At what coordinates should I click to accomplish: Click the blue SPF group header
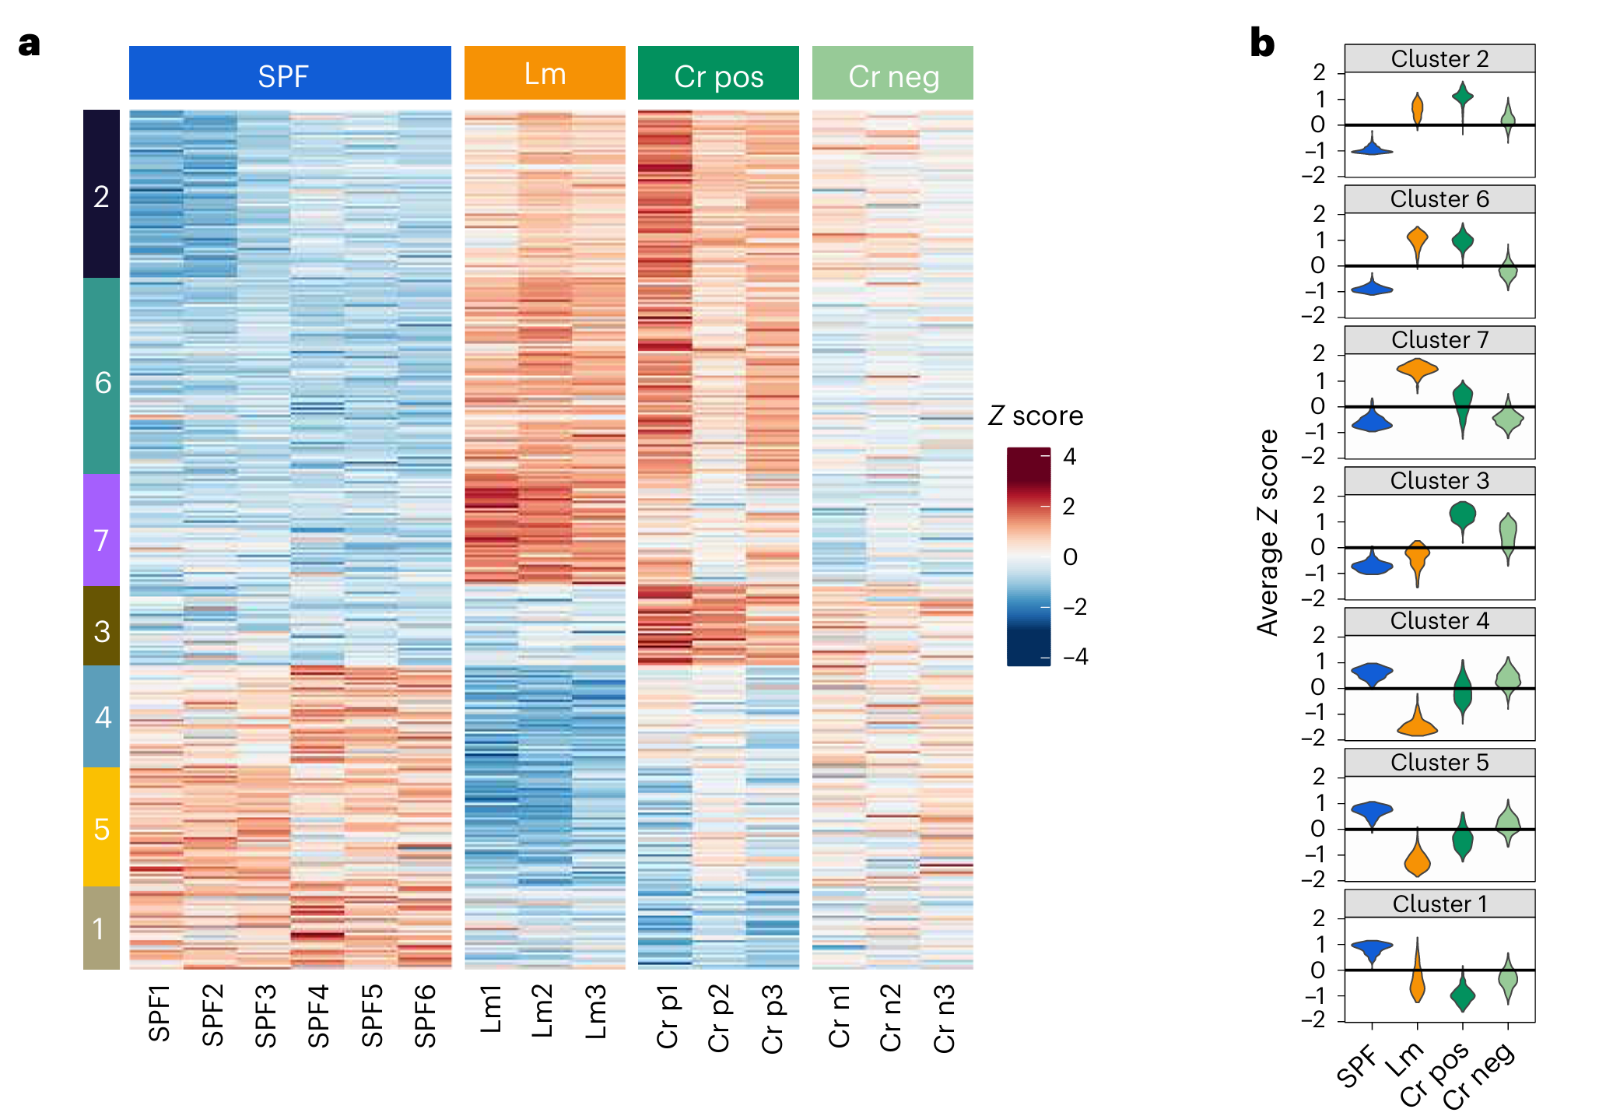pos(289,73)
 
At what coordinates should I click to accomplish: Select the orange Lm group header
pos(545,73)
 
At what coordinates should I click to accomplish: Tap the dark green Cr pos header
pos(718,73)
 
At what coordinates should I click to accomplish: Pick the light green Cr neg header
pos(892,73)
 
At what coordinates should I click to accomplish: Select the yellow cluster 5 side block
pos(101,826)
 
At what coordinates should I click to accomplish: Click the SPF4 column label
pos(318,1016)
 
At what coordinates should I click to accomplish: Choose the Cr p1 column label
pos(667,1017)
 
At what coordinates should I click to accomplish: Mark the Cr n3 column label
pos(944,1019)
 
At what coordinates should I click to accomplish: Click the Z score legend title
pos(1036,416)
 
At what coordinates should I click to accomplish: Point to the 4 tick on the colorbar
pos(1070,457)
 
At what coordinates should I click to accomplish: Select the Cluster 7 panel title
pos(1439,340)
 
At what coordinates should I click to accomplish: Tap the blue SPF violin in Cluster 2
pos(1373,148)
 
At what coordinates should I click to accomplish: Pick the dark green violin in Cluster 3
pos(1463,517)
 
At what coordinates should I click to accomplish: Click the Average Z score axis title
pos(1268,533)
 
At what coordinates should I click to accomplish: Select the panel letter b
pos(1262,44)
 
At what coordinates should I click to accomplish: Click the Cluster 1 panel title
pos(1439,904)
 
